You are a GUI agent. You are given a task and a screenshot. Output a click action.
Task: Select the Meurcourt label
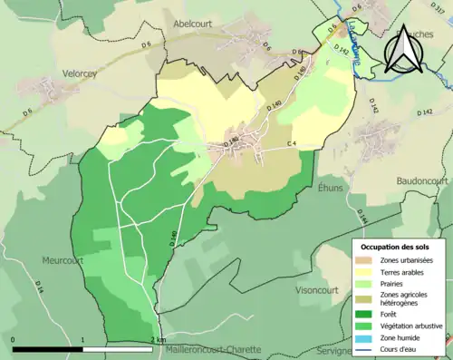click(x=63, y=259)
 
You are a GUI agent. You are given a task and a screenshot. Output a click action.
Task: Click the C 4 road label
click(x=292, y=144)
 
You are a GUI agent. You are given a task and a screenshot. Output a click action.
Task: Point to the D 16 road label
click(x=40, y=286)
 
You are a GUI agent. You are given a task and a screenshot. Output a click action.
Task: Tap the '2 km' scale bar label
click(x=160, y=340)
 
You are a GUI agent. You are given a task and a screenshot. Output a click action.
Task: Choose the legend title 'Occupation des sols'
click(x=396, y=247)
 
